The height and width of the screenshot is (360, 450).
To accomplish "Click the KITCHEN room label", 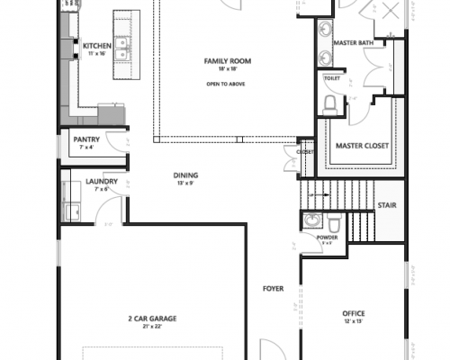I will [96, 46].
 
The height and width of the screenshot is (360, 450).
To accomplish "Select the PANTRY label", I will [85, 139].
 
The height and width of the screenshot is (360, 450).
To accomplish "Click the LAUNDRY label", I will [102, 181].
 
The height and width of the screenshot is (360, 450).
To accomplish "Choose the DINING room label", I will [186, 175].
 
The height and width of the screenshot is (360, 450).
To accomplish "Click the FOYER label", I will [273, 289].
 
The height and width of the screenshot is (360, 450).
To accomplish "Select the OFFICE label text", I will [353, 313].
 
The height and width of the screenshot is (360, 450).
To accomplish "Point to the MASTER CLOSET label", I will [361, 146].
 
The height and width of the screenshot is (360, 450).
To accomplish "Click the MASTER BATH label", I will [353, 41].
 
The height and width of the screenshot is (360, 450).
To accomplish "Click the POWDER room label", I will [327, 238].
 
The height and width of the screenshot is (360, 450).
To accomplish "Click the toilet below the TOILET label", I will [330, 104].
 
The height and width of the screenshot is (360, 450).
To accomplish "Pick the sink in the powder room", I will [311, 220].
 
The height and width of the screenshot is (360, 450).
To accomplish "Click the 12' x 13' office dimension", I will [353, 321].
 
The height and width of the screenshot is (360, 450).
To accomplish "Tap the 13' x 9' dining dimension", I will [186, 183].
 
